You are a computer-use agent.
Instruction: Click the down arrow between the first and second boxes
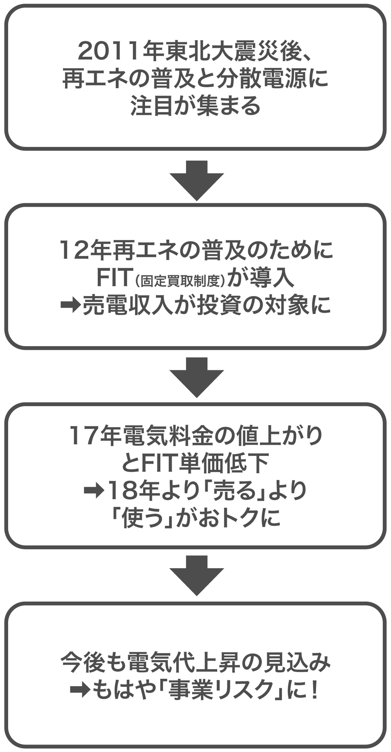coord(197,180)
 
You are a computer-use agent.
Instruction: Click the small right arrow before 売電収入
coord(70,305)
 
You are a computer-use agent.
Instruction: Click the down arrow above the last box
coord(197,575)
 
